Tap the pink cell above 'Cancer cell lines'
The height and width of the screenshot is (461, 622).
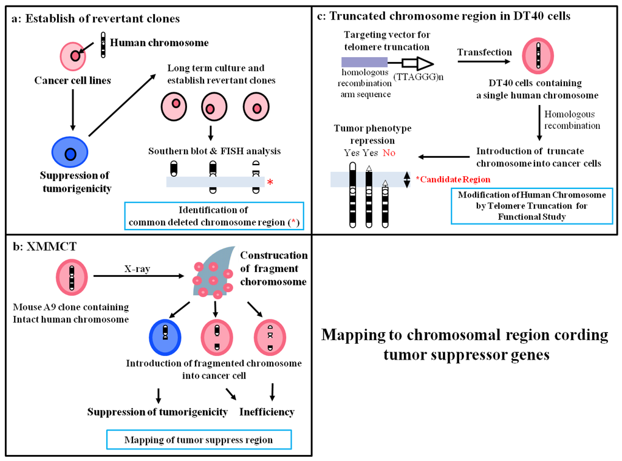pyautogui.click(x=73, y=56)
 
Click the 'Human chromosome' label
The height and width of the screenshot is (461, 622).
pyautogui.click(x=155, y=43)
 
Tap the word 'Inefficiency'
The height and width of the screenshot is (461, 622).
pyautogui.click(x=267, y=412)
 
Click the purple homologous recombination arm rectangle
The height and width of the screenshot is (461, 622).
pyautogui.click(x=364, y=61)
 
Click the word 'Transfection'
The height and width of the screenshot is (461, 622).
pyautogui.click(x=484, y=52)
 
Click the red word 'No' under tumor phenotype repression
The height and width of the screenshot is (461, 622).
pyautogui.click(x=389, y=153)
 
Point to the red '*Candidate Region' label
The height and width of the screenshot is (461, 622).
pyautogui.click(x=453, y=180)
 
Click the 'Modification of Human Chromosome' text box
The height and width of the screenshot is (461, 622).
pyautogui.click(x=531, y=205)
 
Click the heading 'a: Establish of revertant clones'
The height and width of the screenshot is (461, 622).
pyautogui.click(x=95, y=19)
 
